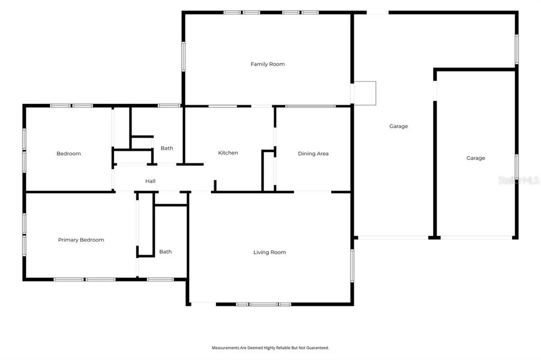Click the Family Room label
tap(267, 64)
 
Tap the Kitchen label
tap(228, 153)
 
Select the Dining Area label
tap(313, 154)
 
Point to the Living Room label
tap(269, 252)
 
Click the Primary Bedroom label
tap(81, 240)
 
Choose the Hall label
tap(150, 181)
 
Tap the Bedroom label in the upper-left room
tap(69, 154)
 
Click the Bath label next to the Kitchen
tap(166, 148)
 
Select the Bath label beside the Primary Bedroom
tap(165, 252)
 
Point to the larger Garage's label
tap(398, 126)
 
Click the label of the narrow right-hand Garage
tap(475, 158)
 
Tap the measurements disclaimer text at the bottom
tap(270, 348)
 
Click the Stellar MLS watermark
tap(519, 180)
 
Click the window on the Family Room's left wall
tap(183, 56)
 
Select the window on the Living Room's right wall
tap(352, 266)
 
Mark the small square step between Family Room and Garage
tap(365, 93)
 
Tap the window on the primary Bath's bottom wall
tap(160, 279)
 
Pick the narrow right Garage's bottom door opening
tap(476, 238)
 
